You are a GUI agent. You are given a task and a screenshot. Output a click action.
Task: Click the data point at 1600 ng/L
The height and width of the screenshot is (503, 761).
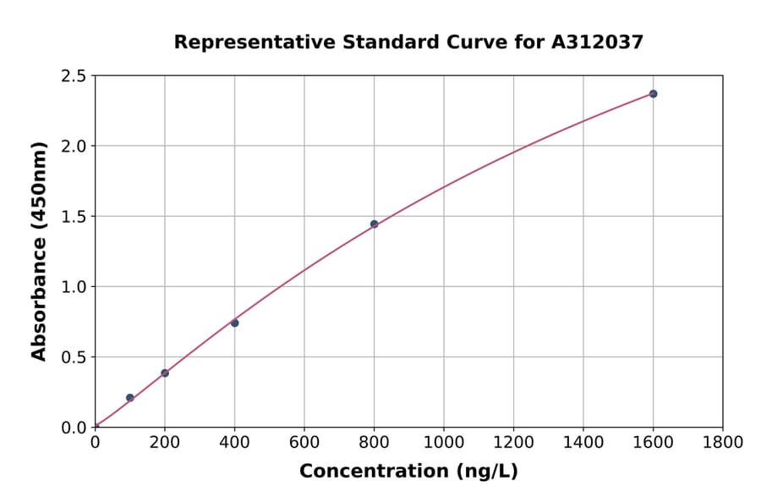click(653, 94)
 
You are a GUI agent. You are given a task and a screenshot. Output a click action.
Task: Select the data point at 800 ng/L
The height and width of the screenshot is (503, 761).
click(374, 224)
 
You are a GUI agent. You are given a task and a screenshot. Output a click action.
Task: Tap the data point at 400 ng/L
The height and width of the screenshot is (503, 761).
click(234, 323)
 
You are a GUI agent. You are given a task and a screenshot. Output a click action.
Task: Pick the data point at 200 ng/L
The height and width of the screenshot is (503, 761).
click(165, 373)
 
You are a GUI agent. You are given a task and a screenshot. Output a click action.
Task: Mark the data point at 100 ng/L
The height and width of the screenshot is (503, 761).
click(129, 397)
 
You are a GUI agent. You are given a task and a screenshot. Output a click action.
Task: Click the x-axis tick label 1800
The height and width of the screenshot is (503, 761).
click(722, 442)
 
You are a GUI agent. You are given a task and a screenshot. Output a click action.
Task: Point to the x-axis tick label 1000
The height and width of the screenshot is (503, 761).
click(443, 442)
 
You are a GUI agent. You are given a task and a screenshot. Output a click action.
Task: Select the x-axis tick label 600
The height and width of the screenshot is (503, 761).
click(304, 442)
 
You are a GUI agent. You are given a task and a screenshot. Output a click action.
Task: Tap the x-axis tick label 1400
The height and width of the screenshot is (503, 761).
click(583, 442)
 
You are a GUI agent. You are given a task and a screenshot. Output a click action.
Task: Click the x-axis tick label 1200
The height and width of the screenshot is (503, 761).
click(513, 442)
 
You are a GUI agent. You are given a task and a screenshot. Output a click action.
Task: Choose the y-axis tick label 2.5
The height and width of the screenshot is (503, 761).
click(74, 76)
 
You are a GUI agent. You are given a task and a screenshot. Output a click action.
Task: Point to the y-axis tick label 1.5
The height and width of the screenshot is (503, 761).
click(74, 217)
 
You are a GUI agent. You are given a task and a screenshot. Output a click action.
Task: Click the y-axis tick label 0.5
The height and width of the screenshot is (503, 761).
click(74, 357)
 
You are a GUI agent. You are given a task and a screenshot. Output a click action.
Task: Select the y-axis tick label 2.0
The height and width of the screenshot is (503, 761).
click(74, 146)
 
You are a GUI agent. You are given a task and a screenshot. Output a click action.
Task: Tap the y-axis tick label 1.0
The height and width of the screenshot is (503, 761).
click(74, 287)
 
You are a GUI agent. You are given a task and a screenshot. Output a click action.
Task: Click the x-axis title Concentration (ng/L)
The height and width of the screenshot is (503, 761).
click(408, 471)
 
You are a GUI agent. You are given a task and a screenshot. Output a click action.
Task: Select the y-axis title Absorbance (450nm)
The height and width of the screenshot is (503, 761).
click(39, 251)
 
